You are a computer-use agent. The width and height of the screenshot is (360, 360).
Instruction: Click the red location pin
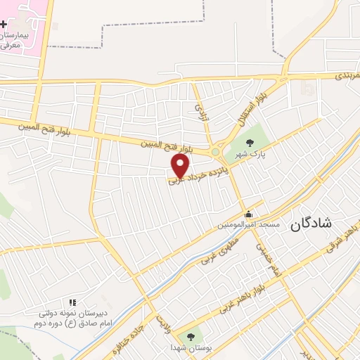180,166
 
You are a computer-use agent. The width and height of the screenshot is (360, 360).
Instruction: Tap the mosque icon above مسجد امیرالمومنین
247,214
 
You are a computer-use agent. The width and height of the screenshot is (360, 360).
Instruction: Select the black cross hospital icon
3,23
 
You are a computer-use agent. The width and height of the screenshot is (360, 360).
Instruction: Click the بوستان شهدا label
189,347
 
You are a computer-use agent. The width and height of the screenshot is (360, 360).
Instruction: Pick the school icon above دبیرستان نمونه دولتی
72,302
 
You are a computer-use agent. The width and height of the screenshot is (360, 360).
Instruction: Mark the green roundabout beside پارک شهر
215,151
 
